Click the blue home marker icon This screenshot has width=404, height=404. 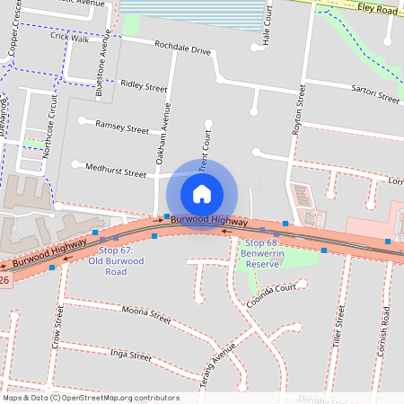point(202,193)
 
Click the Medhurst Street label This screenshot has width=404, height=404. point(115,170)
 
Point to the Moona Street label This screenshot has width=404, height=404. point(147,315)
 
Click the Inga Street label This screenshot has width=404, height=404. point(130,356)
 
